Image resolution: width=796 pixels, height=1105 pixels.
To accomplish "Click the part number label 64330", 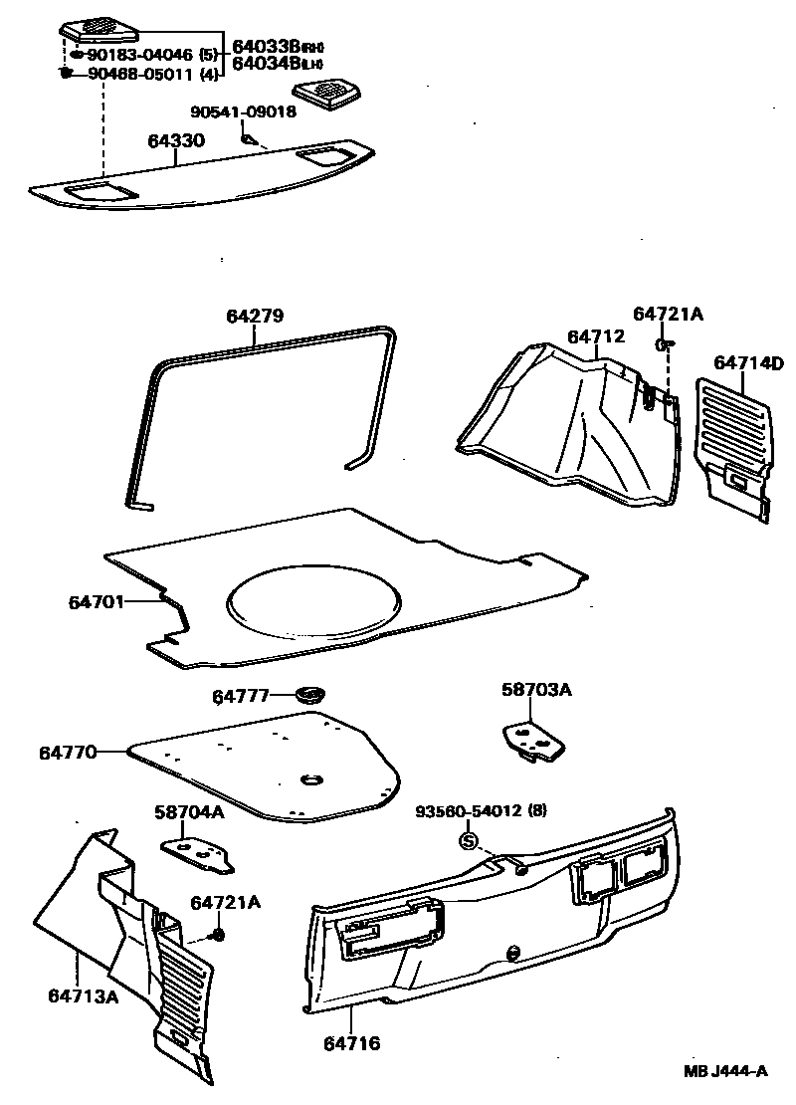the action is point(176,141).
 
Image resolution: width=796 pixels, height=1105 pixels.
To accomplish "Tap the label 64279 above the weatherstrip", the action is point(255,317).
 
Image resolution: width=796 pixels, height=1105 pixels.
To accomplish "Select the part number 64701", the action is point(97,602).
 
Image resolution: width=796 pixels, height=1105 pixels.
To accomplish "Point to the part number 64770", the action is point(68,752).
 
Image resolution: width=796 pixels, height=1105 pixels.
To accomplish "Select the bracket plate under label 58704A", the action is point(193,851).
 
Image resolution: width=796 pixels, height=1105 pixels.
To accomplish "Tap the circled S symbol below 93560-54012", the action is point(469,842).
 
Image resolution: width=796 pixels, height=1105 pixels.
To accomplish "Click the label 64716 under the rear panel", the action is point(351,1043).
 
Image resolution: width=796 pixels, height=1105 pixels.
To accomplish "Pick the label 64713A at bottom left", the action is point(83,995).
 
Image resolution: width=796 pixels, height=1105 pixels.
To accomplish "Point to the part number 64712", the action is point(596,336).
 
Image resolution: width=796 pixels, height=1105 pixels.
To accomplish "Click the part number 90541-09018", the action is point(243,111).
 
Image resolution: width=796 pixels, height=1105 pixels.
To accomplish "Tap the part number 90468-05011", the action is point(139,74).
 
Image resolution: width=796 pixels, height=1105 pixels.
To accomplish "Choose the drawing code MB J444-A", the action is point(725,1071).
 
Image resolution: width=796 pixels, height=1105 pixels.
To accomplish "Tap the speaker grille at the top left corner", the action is point(98,26).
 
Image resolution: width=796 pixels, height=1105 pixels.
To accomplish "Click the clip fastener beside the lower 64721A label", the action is point(218,934).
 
